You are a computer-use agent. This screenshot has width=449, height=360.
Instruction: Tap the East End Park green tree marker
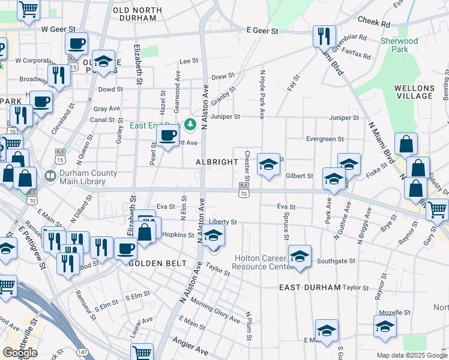point(191,124)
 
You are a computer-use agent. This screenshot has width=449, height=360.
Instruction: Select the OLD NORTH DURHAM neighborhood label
point(137,14)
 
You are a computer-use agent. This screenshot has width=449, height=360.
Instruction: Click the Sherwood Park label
point(399,46)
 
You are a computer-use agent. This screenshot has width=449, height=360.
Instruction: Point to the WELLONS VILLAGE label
point(414,92)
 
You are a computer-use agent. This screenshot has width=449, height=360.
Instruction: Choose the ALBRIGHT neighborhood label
point(217,163)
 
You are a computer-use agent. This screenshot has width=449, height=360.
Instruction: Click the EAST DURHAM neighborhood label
point(310,287)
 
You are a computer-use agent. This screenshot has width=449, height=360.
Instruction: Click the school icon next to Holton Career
point(299,257)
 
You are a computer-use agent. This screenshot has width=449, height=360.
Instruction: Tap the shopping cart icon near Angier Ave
point(142,353)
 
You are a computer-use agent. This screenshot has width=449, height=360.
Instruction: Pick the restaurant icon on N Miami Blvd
point(324,37)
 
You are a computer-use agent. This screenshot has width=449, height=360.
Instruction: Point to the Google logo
point(20,353)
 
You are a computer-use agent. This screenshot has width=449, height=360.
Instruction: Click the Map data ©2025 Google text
point(412,355)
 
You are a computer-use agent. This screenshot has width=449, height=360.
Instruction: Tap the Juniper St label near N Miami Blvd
point(344,118)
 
